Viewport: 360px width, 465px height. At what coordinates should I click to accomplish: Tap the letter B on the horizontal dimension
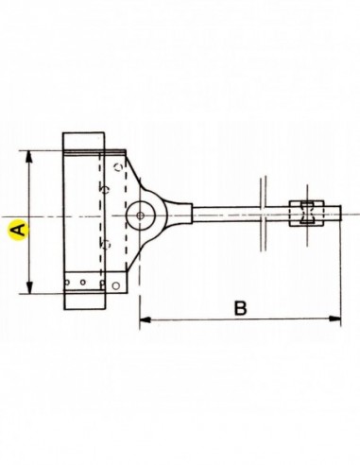tap(241, 308)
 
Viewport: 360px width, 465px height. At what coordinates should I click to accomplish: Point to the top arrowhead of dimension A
tap(29, 157)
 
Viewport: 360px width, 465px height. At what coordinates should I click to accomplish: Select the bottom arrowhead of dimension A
tap(29, 288)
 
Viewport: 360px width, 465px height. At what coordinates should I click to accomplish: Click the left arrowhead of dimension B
tap(145, 319)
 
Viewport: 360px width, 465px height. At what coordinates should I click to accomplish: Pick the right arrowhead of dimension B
tap(335, 319)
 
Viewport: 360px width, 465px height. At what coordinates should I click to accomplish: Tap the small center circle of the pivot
tap(141, 215)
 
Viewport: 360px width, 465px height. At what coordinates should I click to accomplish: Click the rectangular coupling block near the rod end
tap(307, 214)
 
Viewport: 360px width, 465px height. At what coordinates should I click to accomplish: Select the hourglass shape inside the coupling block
tap(306, 213)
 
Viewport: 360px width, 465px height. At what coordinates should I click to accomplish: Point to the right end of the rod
tap(341, 213)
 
